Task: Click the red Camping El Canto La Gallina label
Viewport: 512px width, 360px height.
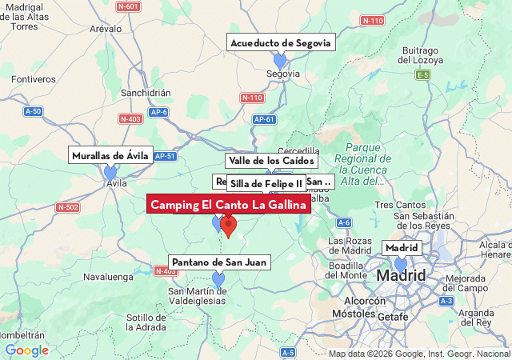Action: point(229,206)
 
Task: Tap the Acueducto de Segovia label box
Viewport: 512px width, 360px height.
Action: point(280,43)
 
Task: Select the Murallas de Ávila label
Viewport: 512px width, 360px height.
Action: point(110,156)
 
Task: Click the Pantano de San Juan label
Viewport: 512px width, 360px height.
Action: point(219,262)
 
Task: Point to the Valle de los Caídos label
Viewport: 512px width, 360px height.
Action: point(271,161)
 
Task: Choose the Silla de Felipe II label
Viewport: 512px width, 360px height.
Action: point(266,184)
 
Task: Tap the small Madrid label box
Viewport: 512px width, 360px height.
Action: point(402,248)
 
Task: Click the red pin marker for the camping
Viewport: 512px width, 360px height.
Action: point(229,227)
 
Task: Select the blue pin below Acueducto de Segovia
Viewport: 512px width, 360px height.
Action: point(280,61)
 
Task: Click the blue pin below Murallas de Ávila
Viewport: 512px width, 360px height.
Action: point(110,173)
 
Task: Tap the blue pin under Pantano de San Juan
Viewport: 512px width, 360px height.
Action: point(218,279)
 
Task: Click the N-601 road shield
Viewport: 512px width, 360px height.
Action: point(128,7)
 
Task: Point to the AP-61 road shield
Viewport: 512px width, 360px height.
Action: point(264,119)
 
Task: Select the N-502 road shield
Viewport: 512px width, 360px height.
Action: point(68,207)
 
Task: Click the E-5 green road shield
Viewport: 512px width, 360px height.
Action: point(422,75)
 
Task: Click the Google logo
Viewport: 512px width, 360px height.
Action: point(26,350)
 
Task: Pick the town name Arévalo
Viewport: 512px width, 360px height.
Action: point(105,28)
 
